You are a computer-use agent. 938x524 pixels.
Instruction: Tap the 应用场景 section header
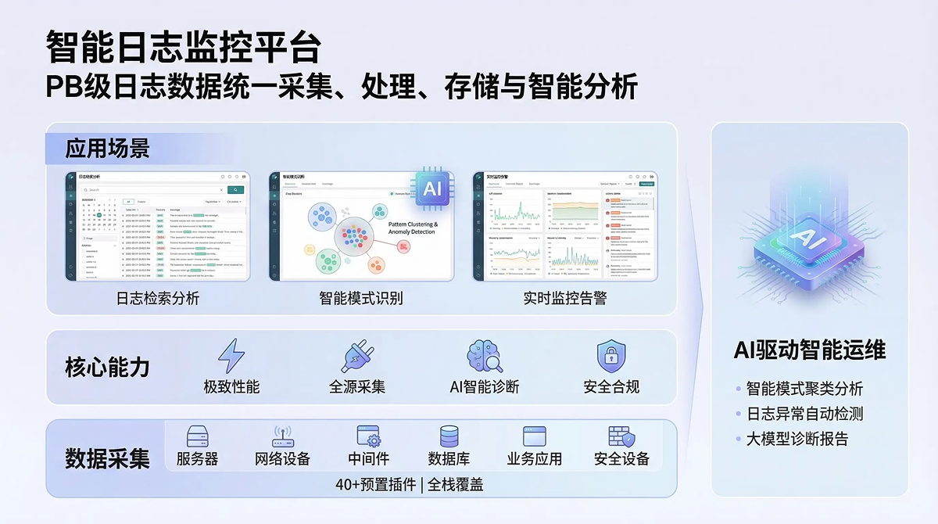tap(107, 148)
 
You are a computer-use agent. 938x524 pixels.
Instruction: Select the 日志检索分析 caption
tap(158, 298)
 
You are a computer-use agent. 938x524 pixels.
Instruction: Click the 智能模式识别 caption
tap(361, 298)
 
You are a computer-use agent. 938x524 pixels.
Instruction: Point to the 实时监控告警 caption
tap(565, 298)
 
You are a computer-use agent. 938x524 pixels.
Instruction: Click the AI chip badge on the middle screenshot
tap(431, 189)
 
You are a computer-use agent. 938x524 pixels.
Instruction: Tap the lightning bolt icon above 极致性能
tap(231, 357)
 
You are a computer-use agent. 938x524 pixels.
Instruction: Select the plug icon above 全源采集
tap(357, 357)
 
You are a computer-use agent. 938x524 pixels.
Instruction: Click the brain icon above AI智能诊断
tap(484, 357)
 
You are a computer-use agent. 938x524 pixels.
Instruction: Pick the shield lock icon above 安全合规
tap(611, 357)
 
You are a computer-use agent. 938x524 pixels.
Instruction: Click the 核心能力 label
tap(107, 368)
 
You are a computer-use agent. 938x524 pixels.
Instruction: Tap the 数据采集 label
tap(107, 458)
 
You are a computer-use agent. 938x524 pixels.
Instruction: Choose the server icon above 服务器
tap(197, 437)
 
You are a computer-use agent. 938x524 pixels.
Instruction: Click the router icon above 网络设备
tap(282, 437)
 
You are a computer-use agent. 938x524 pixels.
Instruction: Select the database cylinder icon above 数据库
tap(449, 437)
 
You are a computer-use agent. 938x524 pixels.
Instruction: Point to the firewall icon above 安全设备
tap(621, 437)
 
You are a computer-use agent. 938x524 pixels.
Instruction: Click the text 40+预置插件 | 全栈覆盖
tap(410, 484)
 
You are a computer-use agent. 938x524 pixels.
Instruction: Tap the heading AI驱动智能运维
tap(810, 350)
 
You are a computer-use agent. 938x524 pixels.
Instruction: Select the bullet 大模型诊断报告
tap(797, 439)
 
